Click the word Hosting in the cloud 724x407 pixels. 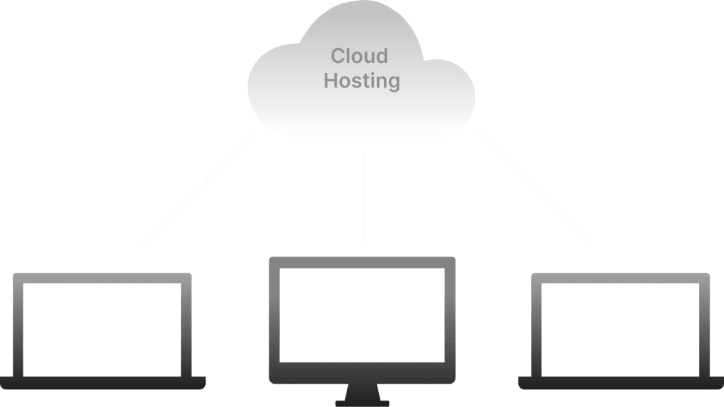tap(361, 81)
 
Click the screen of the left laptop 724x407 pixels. tap(103, 329)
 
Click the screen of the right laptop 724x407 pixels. tap(620, 329)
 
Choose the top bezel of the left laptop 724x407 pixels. tap(103, 278)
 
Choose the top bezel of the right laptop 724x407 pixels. tap(620, 278)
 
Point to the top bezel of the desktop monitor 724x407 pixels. tap(362, 262)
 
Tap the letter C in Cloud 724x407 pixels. tap(339, 56)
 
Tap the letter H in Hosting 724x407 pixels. tap(331, 81)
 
